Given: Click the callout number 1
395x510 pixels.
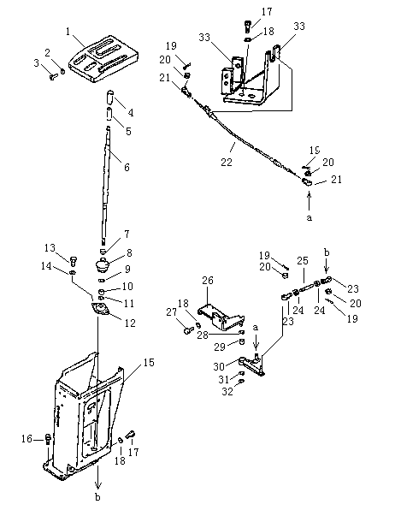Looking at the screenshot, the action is click(x=68, y=32).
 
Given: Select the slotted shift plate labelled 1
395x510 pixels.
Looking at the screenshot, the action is click(x=103, y=59).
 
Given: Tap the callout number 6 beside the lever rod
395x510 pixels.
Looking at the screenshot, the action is click(x=127, y=167).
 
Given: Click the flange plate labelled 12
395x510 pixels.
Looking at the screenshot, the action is click(x=101, y=309).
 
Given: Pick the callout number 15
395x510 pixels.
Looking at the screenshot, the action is click(x=149, y=362).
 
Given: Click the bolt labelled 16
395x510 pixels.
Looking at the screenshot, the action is click(x=48, y=440).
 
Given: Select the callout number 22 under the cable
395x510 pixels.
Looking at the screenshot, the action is click(x=227, y=162).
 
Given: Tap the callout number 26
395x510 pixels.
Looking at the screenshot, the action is click(x=208, y=280).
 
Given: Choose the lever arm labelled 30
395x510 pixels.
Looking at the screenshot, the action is click(x=252, y=365).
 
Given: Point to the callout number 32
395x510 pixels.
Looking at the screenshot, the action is click(x=227, y=391).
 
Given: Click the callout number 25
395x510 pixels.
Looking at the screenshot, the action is click(x=303, y=261).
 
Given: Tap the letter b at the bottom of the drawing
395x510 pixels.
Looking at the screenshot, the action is click(x=97, y=497).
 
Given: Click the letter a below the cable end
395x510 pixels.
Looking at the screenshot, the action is click(x=309, y=217).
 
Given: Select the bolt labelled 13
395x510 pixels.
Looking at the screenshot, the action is click(x=74, y=260).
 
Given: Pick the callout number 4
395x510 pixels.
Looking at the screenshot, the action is click(x=130, y=113).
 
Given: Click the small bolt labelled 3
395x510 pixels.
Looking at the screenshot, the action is click(x=54, y=77).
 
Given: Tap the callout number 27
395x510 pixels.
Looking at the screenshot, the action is click(x=171, y=312).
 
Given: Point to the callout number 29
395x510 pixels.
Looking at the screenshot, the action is click(x=220, y=347).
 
